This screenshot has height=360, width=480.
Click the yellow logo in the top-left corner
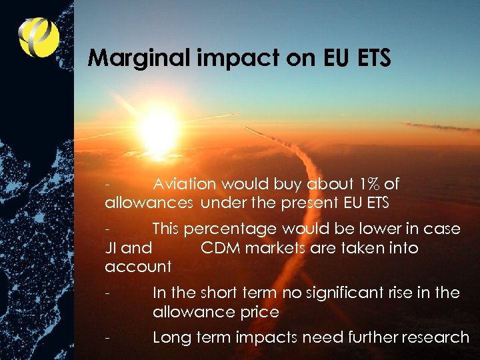click(x=39, y=37)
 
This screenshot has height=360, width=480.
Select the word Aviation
click(x=185, y=184)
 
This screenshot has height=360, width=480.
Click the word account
click(x=138, y=267)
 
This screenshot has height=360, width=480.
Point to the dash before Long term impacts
click(x=107, y=337)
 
